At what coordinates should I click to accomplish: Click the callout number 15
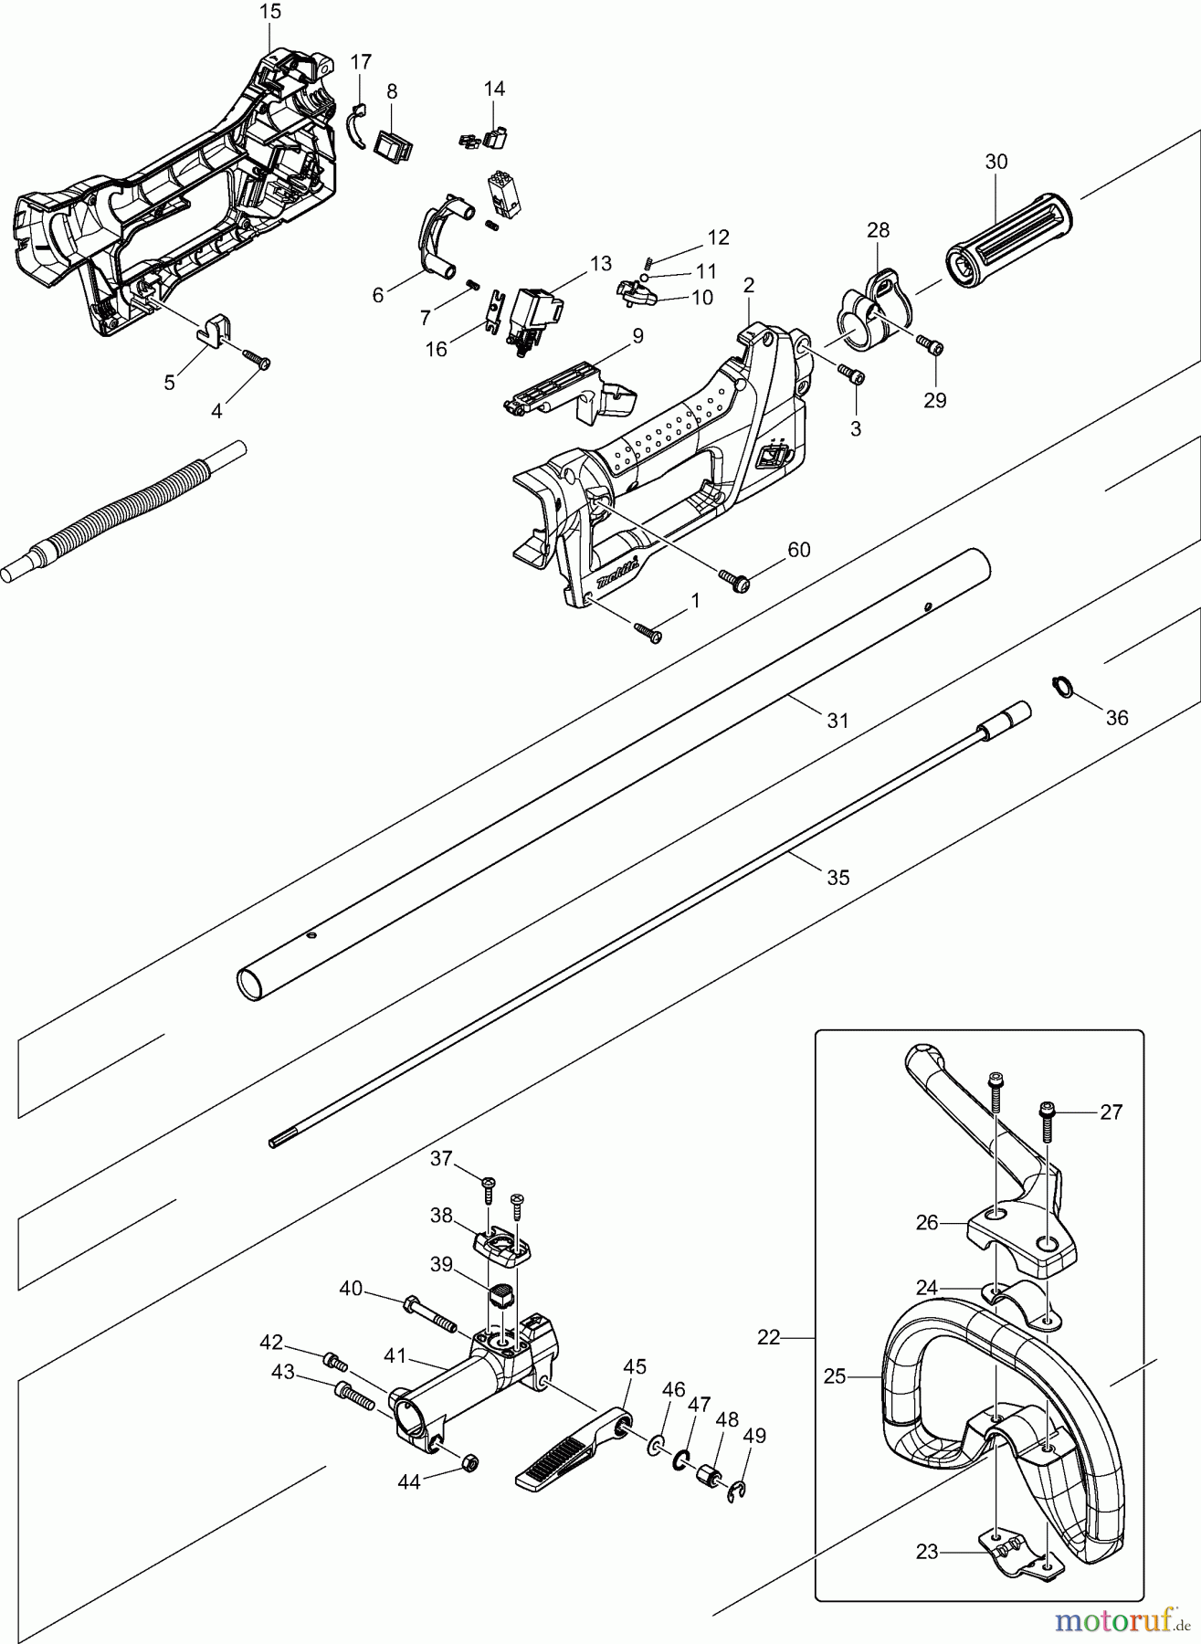270,12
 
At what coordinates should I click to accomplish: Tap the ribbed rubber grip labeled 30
1008,228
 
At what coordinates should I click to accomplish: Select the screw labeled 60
733,579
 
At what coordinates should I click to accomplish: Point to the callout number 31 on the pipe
838,721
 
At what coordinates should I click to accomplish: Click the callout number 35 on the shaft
838,877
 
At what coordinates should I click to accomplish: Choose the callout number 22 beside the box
769,1337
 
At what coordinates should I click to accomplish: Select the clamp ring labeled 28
869,311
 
